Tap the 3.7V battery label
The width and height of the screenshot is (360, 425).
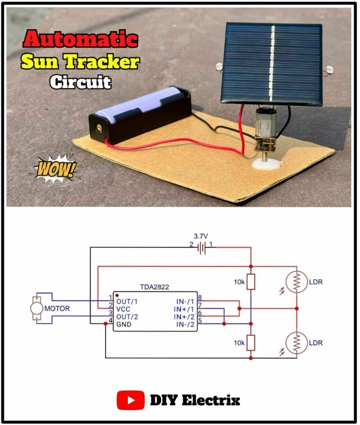(x=202, y=236)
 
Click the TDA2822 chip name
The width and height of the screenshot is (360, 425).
(x=154, y=287)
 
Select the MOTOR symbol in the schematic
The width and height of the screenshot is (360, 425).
(x=36, y=309)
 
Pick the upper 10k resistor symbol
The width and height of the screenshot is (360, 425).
(x=250, y=282)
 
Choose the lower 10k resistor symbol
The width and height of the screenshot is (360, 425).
(x=250, y=342)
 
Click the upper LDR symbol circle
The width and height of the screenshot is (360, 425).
(x=296, y=282)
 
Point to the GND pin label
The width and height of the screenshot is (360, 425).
(x=124, y=325)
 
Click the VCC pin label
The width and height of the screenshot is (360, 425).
(x=124, y=309)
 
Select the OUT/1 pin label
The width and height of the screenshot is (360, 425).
(x=126, y=301)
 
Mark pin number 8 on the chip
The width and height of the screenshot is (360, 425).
(x=200, y=298)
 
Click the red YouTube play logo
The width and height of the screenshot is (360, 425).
(x=130, y=401)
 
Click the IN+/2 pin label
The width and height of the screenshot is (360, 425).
(x=185, y=317)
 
